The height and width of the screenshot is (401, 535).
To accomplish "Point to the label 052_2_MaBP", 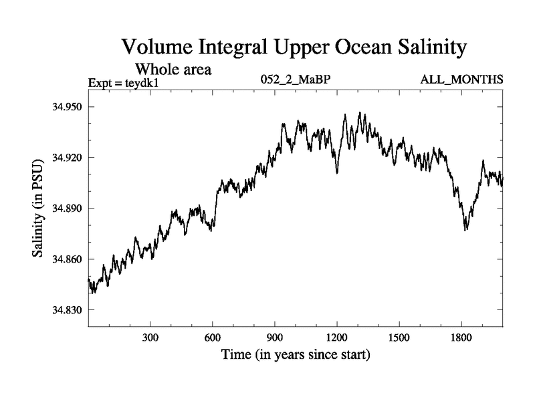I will coord(296,80).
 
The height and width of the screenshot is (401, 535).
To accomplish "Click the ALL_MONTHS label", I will coord(461,80).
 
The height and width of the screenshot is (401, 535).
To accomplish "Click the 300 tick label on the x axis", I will coord(150,337).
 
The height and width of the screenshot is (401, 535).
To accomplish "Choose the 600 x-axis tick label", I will coord(213,337).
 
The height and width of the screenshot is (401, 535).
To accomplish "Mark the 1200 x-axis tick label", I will coord(337,337).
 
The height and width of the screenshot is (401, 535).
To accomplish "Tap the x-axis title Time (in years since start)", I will coord(296,354).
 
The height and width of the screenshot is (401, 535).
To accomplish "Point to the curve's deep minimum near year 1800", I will coord(466,229).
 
